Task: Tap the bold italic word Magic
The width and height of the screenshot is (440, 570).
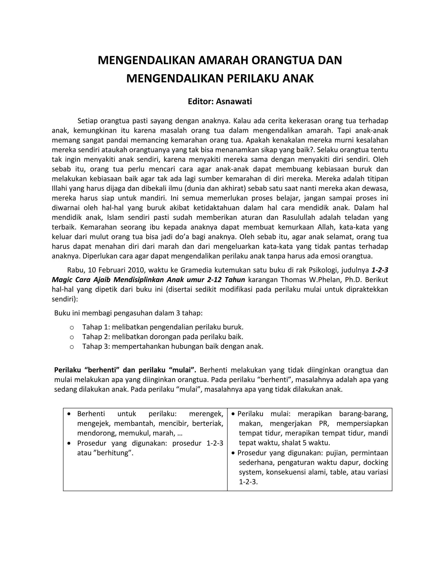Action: point(61,280)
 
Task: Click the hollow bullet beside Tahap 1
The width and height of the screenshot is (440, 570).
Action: point(72,327)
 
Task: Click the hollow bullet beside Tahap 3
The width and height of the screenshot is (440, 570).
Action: point(72,347)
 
